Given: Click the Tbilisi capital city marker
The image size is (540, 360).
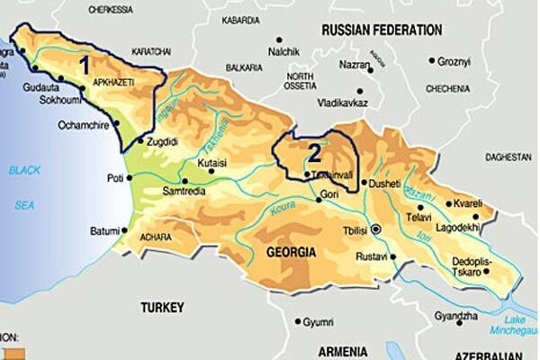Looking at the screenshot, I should click(x=376, y=229).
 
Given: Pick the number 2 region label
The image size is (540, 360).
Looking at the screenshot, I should click(x=314, y=149).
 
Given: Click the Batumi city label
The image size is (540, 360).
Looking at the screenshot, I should click(x=104, y=231).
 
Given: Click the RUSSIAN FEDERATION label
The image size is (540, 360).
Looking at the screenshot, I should click(x=379, y=29).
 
